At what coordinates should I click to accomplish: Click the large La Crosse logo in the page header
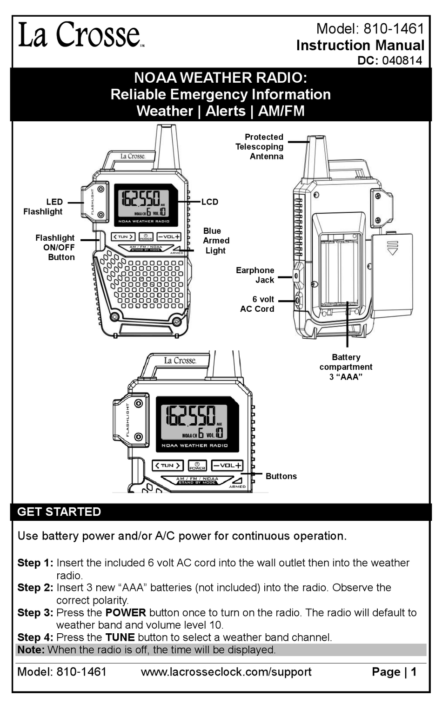80,35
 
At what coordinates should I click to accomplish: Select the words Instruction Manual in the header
360,45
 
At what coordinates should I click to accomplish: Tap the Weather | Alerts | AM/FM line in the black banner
221,111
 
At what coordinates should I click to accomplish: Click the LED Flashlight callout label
43,207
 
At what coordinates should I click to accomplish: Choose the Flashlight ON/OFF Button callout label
55,247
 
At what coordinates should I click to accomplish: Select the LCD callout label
209,202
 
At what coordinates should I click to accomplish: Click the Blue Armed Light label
215,241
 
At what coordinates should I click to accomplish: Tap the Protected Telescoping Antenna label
260,147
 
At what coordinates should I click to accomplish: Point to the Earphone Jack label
255,275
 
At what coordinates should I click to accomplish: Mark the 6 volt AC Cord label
257,304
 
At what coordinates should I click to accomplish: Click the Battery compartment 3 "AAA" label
346,367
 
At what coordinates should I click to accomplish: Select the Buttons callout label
281,476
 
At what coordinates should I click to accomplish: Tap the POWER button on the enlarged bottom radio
197,466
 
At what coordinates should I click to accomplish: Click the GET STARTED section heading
59,512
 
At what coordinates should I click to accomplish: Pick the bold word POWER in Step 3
126,612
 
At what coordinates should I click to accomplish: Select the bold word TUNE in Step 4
120,637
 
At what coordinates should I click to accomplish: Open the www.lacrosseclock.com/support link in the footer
226,672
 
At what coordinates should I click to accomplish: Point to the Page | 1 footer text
394,672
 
